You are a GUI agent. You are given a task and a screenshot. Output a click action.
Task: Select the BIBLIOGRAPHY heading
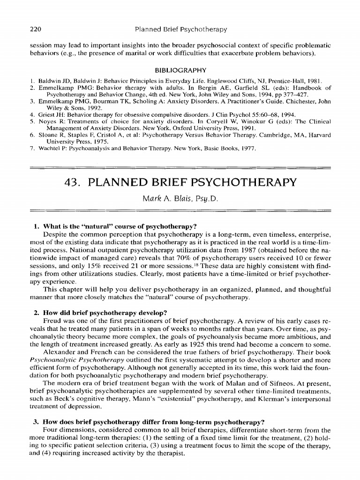tap(180, 70)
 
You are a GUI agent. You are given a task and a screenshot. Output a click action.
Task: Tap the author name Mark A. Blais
tap(180, 199)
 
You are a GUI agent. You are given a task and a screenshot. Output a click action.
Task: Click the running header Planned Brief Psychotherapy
tap(180, 30)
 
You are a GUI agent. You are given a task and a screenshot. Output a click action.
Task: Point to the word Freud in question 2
tap(52, 321)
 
